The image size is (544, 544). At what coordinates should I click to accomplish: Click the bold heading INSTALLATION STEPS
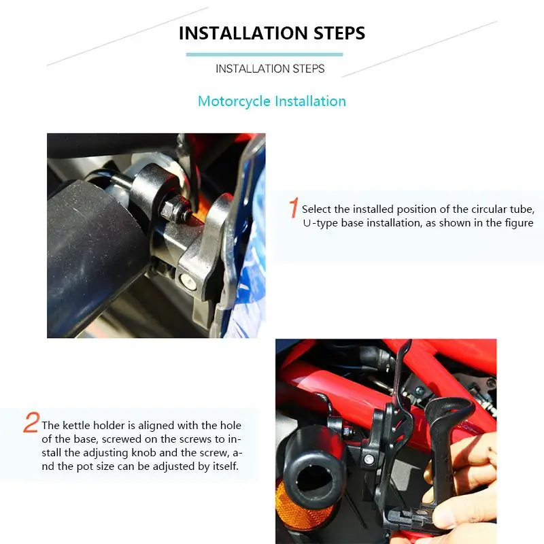[271, 33]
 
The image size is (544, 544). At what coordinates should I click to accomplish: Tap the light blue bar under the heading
[265, 54]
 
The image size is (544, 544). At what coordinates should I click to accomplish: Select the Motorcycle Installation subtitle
[271, 101]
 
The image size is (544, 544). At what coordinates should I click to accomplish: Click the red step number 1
[294, 207]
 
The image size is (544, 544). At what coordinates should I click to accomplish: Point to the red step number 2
[31, 422]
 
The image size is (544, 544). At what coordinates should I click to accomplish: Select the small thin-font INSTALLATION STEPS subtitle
[270, 69]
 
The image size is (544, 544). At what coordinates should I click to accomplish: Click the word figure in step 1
[519, 223]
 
